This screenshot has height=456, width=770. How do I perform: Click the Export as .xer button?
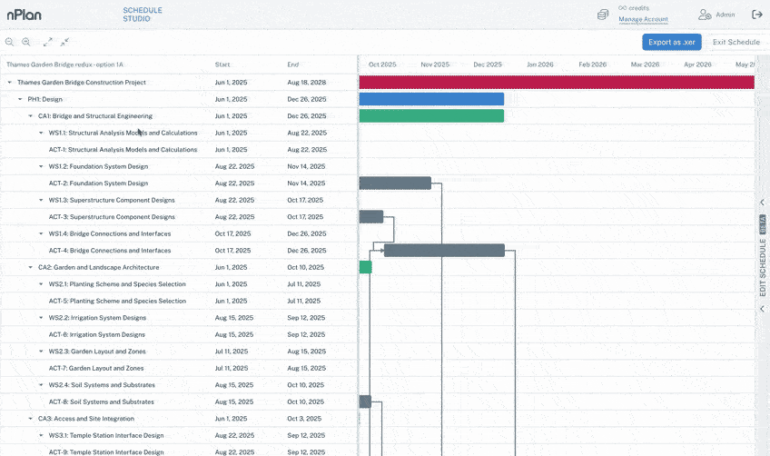coord(671,42)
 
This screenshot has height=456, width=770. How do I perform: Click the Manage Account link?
coord(643,19)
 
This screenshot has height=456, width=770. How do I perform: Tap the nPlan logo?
coord(25,15)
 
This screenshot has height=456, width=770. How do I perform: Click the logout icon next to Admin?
coord(757,15)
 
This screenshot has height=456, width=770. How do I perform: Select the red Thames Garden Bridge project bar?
coord(556,82)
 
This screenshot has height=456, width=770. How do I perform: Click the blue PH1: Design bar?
coord(431,99)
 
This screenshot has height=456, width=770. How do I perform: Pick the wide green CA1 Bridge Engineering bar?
coord(431,116)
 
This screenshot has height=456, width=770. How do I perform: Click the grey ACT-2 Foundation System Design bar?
coord(395,183)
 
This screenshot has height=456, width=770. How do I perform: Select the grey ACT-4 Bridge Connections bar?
coord(444,250)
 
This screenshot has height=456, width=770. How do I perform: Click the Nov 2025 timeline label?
coord(435,64)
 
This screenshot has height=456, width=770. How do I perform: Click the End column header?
coord(292,64)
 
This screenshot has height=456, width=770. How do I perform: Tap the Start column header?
coord(222,64)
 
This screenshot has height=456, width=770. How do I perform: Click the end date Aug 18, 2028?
coord(306,82)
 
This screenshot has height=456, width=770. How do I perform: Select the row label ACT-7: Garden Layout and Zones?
coord(96,368)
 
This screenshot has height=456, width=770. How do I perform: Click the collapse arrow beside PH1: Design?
coord(20,99)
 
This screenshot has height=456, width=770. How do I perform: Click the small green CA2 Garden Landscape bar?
coord(365,267)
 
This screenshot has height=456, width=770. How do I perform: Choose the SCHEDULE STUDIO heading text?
coord(143,14)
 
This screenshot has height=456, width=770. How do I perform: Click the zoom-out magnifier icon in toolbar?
coord(25,42)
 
